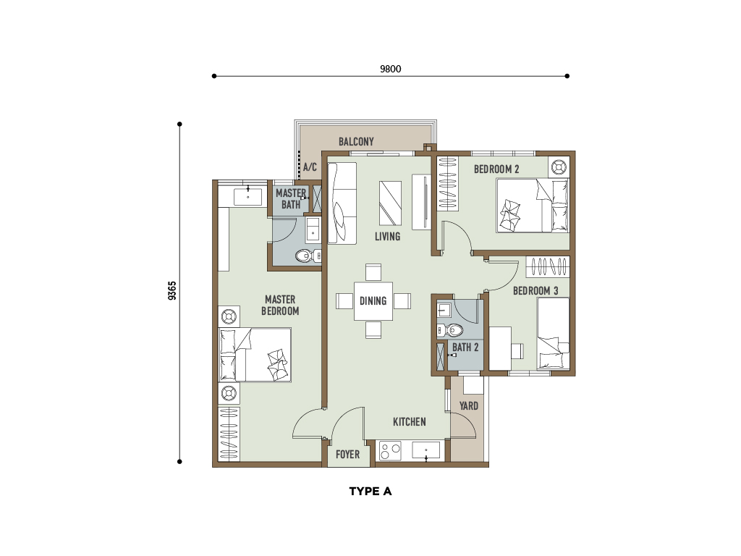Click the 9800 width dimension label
tap(390, 69)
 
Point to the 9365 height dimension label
tap(172, 290)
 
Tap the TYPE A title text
tap(370, 492)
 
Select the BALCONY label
tap(356, 141)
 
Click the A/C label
tap(310, 167)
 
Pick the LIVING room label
tap(388, 237)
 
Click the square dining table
tap(373, 300)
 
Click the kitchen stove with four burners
tap(390, 450)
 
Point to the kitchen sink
tap(425, 450)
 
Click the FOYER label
tap(347, 455)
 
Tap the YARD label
tap(469, 405)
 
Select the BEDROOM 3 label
tap(535, 291)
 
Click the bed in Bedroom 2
tap(532, 205)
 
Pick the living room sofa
tap(342, 203)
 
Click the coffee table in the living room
tap(390, 203)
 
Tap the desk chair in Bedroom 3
tap(517, 350)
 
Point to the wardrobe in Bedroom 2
tap(447, 183)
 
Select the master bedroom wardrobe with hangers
tap(229, 434)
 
